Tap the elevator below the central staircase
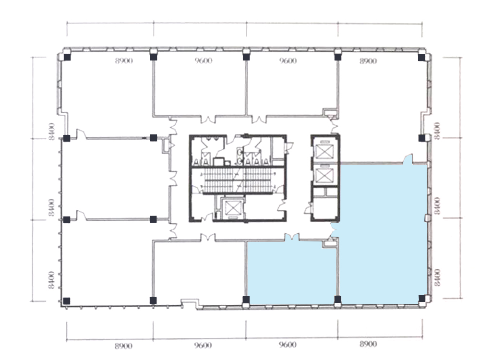pos(233,208)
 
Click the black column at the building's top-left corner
pos(67,57)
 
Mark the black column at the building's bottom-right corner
pos(422,299)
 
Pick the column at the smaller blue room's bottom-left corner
pos(246,300)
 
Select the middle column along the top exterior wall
pos(246,57)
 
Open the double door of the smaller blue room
pos(292,237)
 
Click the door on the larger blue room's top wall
pos(408,159)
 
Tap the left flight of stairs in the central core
pos(218,180)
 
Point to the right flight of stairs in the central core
pos(258,180)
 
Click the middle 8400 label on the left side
pos(51,207)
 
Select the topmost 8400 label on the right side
pos(437,130)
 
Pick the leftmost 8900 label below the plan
pos(124,346)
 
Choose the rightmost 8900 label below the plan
pos(368,344)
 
